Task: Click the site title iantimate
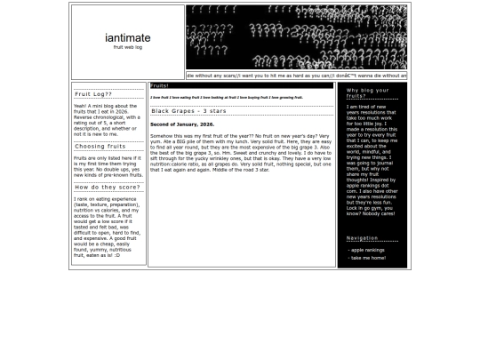point(127,38)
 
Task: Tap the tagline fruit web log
point(127,48)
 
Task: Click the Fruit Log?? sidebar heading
point(92,93)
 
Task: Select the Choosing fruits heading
point(100,147)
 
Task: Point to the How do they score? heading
point(107,188)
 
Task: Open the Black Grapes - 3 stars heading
point(188,111)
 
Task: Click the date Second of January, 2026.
point(182,124)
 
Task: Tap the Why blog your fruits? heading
point(368,92)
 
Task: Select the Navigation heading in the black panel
point(362,238)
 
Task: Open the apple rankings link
point(367,250)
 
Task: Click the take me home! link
point(368,258)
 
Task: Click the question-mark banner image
point(296,37)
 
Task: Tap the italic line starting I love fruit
point(226,98)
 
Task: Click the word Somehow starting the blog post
point(161,136)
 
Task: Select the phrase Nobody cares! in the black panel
point(377,213)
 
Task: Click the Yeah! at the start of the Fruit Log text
point(80,106)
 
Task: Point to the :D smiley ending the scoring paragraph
point(116,255)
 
